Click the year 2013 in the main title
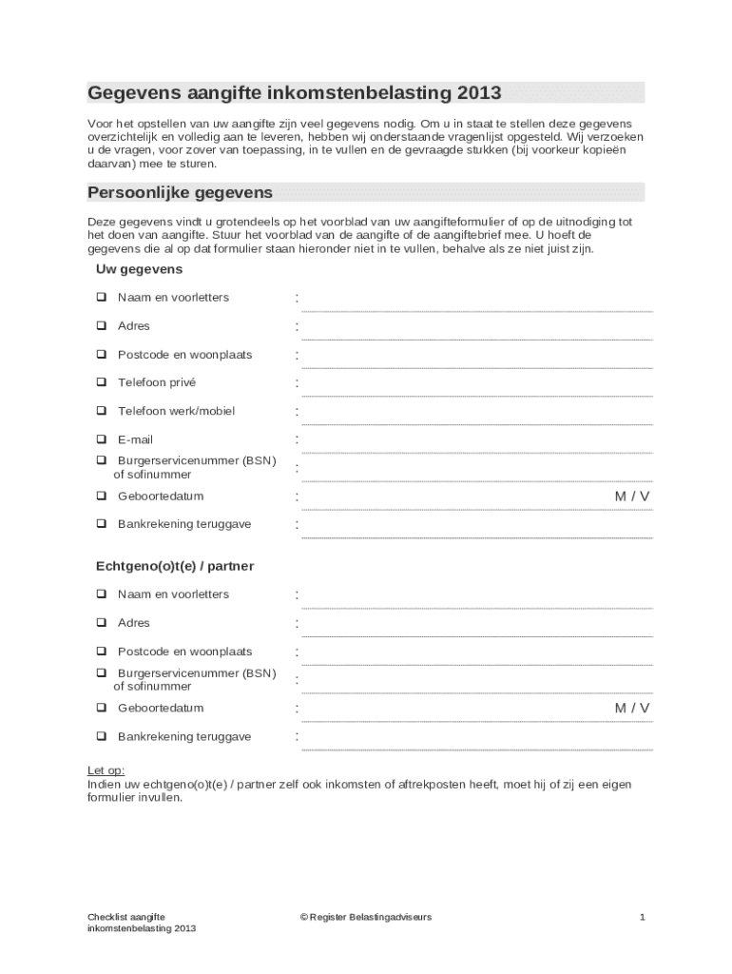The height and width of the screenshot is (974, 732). (478, 93)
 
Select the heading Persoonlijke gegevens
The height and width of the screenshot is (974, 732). (181, 192)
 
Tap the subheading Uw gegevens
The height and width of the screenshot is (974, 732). (139, 270)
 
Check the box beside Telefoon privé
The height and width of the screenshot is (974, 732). (101, 382)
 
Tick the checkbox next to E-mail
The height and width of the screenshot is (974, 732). (101, 439)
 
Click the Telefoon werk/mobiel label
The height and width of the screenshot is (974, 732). (176, 411)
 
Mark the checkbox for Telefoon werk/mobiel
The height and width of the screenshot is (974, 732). (101, 411)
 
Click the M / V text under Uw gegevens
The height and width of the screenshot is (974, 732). (632, 497)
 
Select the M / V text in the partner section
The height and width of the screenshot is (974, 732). (632, 708)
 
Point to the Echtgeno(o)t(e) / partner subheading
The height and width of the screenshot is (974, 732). (175, 566)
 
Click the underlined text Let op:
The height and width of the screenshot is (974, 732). (106, 770)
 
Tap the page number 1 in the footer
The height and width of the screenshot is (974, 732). (643, 917)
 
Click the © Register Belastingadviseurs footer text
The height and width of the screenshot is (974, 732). (365, 917)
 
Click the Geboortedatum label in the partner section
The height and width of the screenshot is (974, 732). (161, 708)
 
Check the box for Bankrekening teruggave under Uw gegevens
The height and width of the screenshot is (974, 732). (101, 524)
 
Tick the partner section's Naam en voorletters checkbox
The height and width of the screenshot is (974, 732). (101, 594)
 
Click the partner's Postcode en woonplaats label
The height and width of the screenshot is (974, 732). (184, 652)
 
